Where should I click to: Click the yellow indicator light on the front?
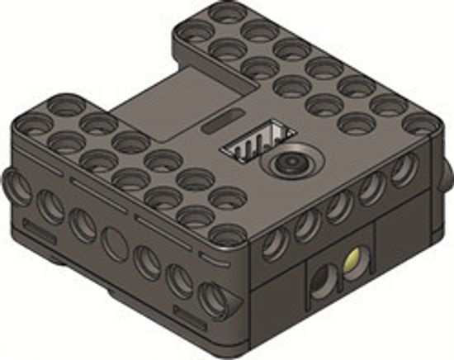(354, 263)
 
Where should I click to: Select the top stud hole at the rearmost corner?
(223, 14)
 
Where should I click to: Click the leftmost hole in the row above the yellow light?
(273, 241)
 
